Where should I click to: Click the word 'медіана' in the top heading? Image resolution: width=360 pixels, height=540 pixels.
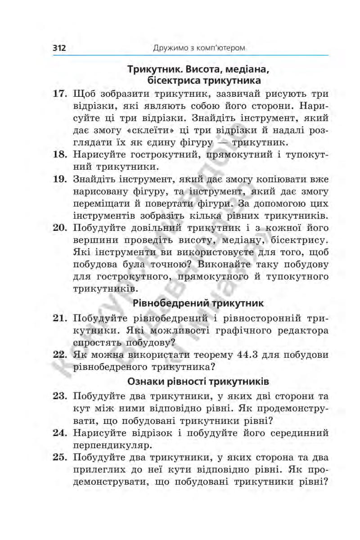pos(244,70)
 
